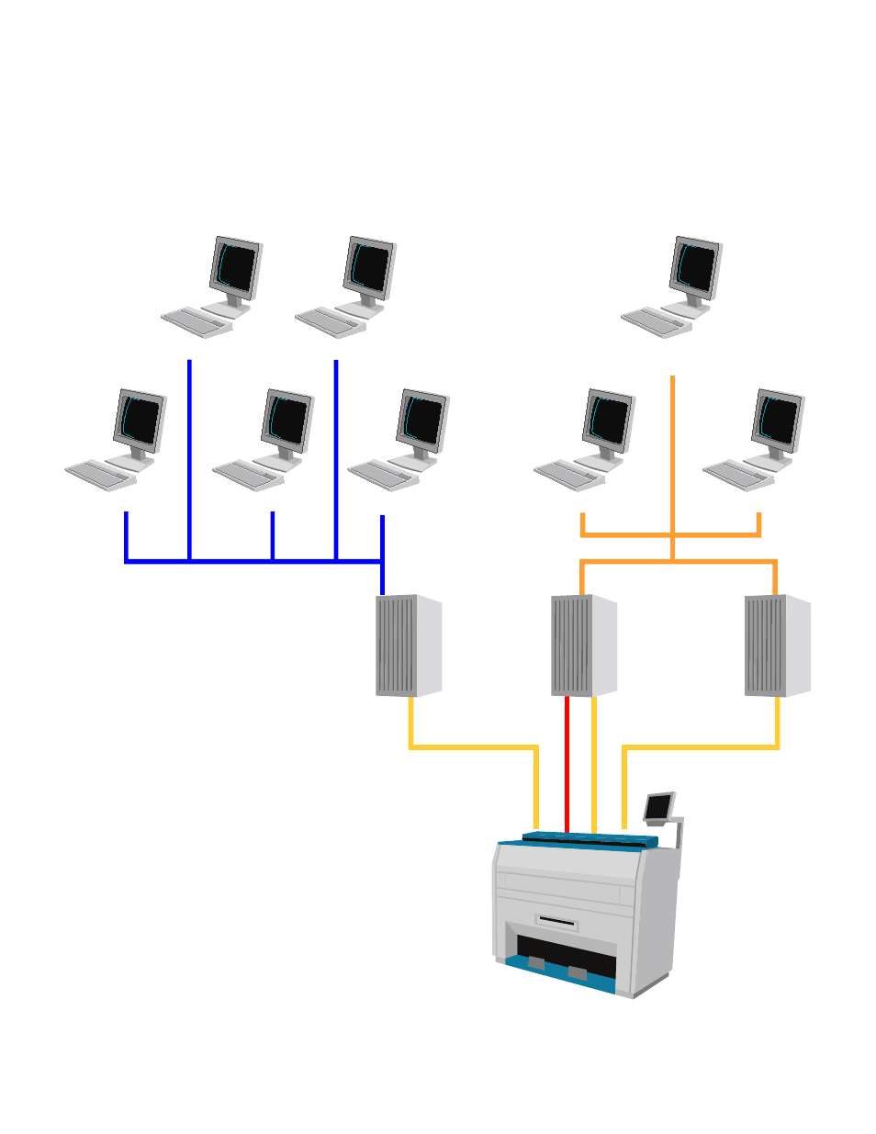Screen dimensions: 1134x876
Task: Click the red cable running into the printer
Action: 567,762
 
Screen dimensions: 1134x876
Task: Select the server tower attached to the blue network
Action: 408,645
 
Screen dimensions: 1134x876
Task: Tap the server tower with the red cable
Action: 583,646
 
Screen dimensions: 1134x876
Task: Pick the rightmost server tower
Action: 777,646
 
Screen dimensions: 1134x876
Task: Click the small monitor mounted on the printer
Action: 658,806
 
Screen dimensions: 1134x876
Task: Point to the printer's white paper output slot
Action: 556,922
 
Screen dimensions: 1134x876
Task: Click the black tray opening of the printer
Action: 565,955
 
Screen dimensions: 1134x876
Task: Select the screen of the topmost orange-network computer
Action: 697,268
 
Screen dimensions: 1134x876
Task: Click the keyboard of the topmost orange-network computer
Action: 655,322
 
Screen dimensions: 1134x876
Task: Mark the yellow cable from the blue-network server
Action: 473,747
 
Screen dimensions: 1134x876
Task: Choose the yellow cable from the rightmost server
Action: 702,747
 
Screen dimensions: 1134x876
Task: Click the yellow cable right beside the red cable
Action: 594,762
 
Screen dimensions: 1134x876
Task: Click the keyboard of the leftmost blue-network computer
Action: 99,475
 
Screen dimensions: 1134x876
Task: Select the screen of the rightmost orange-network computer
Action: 779,420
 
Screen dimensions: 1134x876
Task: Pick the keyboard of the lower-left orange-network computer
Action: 568,475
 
